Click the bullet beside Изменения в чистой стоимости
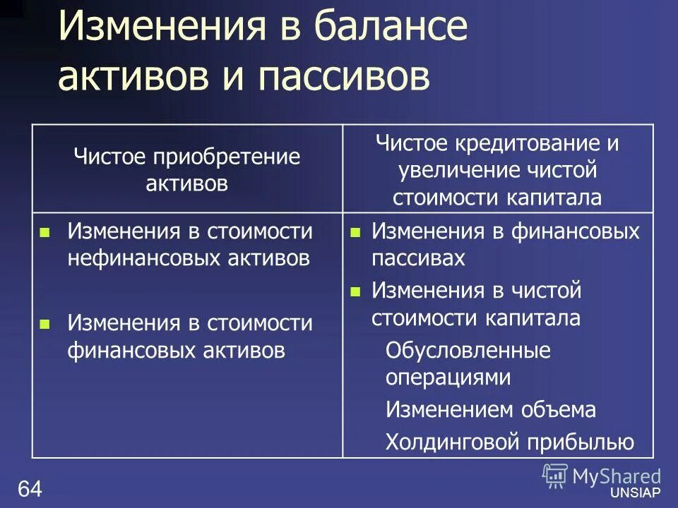356,291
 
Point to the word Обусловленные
468,351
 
